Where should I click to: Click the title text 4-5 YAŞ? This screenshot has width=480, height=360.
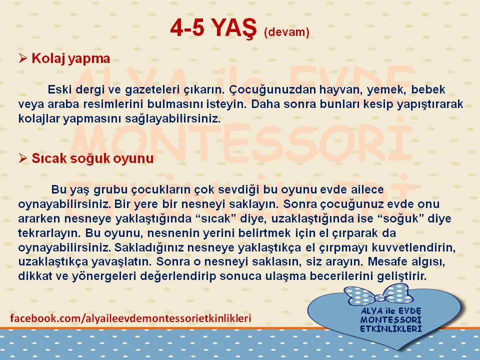coord(213,28)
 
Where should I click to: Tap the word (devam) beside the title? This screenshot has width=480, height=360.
coord(286,32)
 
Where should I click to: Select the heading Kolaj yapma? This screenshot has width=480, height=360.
coord(70,59)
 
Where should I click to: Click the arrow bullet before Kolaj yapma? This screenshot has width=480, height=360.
coord(23,58)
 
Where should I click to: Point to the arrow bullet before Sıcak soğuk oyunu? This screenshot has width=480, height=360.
coord(23,158)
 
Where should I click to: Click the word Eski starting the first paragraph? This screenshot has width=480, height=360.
coord(59,89)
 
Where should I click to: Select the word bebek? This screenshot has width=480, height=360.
coord(428,89)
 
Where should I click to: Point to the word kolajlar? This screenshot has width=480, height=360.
coord(39,118)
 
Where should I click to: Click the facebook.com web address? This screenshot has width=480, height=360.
coord(130,318)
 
